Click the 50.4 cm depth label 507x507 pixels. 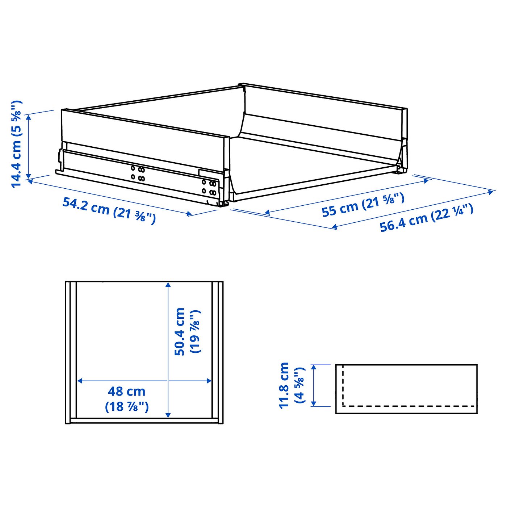pos(180,331)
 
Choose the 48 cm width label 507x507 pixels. pos(126,391)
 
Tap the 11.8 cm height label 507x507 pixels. pos(284,385)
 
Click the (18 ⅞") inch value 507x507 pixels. pos(127,407)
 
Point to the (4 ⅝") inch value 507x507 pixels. pos(300,385)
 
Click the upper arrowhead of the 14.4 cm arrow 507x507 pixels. pos(29,117)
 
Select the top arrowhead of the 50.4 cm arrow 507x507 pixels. pos(168,285)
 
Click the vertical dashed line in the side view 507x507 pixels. pos(343,386)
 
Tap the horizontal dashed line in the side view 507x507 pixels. pos(409,406)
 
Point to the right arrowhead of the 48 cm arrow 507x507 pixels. pos(209,381)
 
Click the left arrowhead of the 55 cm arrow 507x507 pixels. pos(267,213)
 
